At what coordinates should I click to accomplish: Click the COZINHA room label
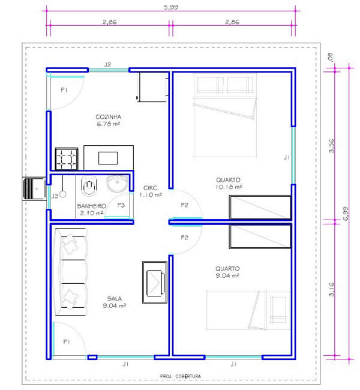click(x=109, y=117)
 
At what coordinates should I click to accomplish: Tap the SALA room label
click(x=115, y=298)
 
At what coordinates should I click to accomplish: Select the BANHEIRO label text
click(x=92, y=206)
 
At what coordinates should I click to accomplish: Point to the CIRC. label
click(x=151, y=188)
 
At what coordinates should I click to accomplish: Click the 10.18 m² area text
click(x=229, y=187)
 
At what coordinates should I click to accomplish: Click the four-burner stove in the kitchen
click(x=67, y=159)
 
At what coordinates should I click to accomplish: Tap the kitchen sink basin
click(x=108, y=158)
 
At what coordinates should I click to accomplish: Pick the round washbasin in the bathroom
click(x=117, y=184)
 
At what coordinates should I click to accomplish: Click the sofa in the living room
click(x=71, y=272)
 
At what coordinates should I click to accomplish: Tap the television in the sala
click(x=155, y=283)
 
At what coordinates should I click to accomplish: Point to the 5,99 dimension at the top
click(x=171, y=7)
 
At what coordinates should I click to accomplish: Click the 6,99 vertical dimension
click(x=346, y=214)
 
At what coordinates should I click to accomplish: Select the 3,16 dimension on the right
click(x=331, y=290)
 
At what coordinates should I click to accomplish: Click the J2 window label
click(x=107, y=65)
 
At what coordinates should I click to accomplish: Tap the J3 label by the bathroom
click(x=55, y=196)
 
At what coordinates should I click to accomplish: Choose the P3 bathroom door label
click(x=121, y=205)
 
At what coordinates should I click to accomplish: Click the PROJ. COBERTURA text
click(x=181, y=376)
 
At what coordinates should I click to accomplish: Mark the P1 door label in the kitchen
click(x=64, y=90)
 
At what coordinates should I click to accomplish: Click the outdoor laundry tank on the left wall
click(x=34, y=189)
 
